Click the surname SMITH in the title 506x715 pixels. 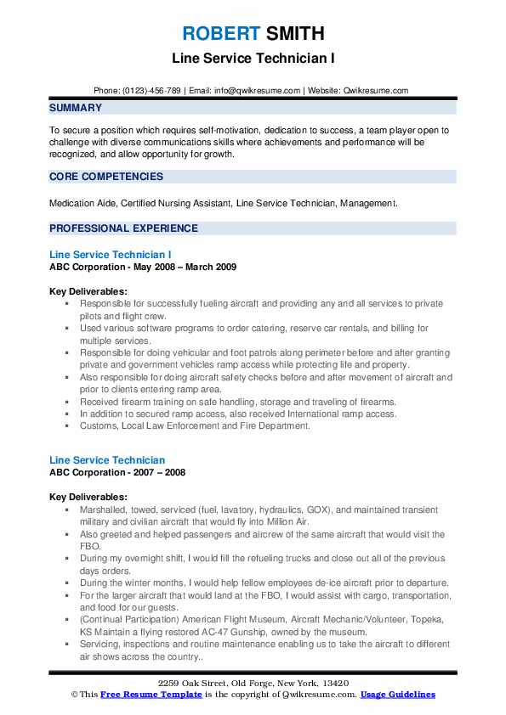[x=294, y=34]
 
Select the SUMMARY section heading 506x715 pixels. [x=76, y=108]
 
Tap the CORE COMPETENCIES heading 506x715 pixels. [x=106, y=177]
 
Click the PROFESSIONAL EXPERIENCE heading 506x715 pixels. [x=123, y=228]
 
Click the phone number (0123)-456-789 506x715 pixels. [x=151, y=90]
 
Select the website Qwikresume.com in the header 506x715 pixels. [x=377, y=90]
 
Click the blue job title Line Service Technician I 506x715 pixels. [x=111, y=254]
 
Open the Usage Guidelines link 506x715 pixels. [x=397, y=695]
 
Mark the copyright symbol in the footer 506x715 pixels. [x=74, y=695]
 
